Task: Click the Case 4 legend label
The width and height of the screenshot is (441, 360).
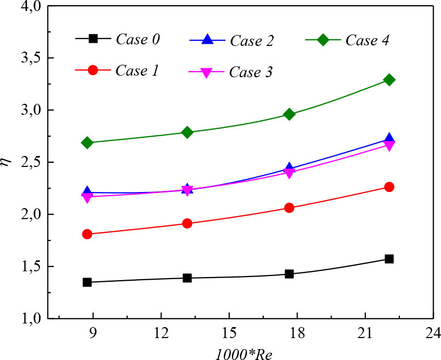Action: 367,40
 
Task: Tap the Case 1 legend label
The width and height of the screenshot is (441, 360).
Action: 138,70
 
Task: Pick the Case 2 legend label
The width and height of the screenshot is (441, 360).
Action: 252,40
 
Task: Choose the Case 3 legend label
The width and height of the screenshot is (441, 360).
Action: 252,72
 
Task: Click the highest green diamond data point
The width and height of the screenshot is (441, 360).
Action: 389,80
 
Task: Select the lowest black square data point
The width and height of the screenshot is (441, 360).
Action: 87,282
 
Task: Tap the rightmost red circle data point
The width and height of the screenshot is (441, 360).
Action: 389,187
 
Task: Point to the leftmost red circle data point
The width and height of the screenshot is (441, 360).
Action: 87,234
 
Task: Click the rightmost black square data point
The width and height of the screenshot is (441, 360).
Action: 389,259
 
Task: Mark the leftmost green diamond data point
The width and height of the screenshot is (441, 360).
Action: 87,142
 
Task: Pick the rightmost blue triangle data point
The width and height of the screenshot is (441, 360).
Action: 389,139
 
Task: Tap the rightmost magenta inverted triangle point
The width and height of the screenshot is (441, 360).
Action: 389,146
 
